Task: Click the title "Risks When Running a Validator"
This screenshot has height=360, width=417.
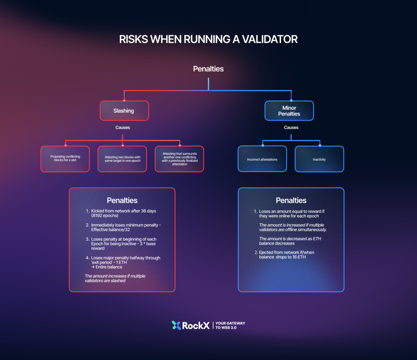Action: pyautogui.click(x=208, y=39)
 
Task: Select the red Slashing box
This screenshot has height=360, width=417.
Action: pyautogui.click(x=124, y=111)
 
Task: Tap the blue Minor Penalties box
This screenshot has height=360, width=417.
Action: pyautogui.click(x=289, y=111)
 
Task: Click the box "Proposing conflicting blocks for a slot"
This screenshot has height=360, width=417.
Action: pyautogui.click(x=65, y=158)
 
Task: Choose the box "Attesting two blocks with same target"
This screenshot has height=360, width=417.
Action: pyautogui.click(x=122, y=159)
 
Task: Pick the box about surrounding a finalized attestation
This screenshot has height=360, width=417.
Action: pyautogui.click(x=179, y=159)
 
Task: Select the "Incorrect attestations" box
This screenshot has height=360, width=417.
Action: pyautogui.click(x=262, y=159)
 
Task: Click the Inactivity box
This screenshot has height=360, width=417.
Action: pyautogui.click(x=319, y=159)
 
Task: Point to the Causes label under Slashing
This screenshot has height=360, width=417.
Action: pyautogui.click(x=123, y=128)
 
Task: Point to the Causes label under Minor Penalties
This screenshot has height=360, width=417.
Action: pyautogui.click(x=291, y=128)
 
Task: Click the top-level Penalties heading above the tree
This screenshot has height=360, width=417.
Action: pyautogui.click(x=208, y=69)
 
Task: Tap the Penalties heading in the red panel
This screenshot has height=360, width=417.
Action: pyautogui.click(x=122, y=200)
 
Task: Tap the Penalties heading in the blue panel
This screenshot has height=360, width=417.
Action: pyautogui.click(x=291, y=200)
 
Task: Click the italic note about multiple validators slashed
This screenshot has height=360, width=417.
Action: pyautogui.click(x=115, y=278)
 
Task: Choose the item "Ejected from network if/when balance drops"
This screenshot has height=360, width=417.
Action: pyautogui.click(x=286, y=255)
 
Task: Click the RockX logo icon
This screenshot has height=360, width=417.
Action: pyautogui.click(x=176, y=326)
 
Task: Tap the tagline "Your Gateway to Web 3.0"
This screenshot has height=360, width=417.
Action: pyautogui.click(x=230, y=326)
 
